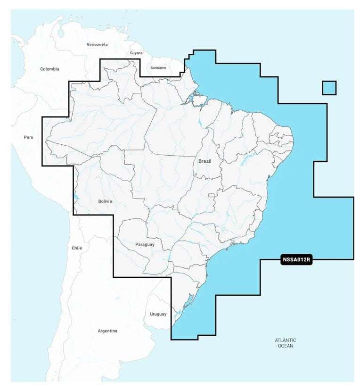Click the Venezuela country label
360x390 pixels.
(x=97, y=45)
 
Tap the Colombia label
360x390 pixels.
(x=49, y=69)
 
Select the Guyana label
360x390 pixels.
(x=136, y=53)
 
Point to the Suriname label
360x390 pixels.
(x=158, y=68)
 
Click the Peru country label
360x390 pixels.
(x=29, y=137)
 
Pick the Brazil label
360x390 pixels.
(x=205, y=161)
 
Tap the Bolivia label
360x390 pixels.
(x=105, y=201)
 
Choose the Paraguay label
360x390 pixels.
(x=145, y=244)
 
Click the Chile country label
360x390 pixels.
(x=77, y=248)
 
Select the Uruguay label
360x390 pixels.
(x=158, y=314)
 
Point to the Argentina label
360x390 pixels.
(x=107, y=331)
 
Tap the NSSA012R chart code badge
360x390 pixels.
(x=297, y=259)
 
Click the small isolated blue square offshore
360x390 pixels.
(x=329, y=88)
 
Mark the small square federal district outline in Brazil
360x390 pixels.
(x=212, y=195)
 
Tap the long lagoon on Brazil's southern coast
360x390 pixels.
(x=186, y=299)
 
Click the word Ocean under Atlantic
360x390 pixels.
(x=286, y=346)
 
